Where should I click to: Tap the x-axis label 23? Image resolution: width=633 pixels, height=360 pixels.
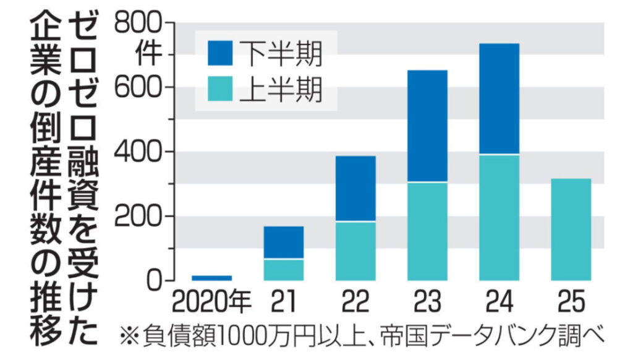[x=427, y=302]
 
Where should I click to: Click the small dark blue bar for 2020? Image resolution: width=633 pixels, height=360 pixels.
[x=211, y=278]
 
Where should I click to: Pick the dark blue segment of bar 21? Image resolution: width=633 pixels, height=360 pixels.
[x=283, y=242]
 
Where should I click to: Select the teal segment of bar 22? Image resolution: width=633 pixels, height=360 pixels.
[x=355, y=251]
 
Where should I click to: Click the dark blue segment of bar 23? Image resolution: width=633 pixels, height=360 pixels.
[x=427, y=126]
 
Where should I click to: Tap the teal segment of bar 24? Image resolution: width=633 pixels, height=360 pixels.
[x=498, y=217]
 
